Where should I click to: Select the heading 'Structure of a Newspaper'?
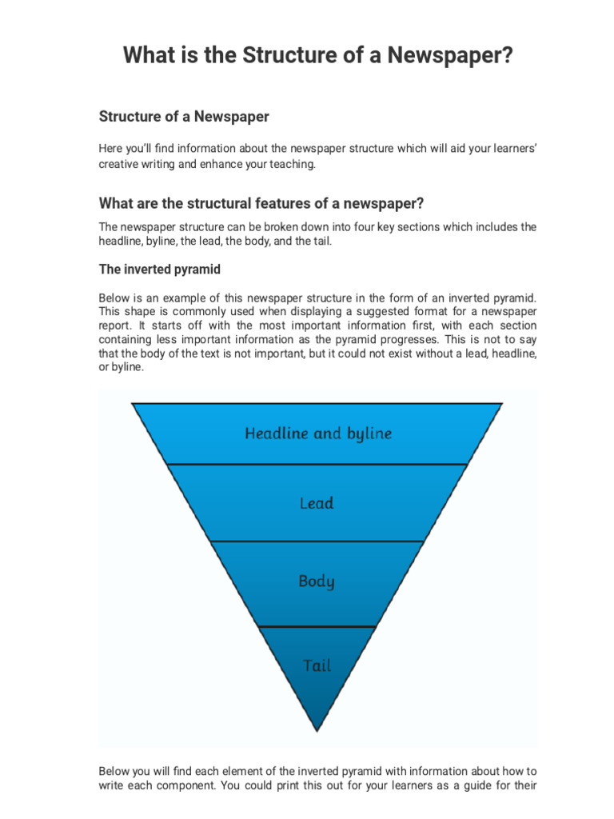[184, 117]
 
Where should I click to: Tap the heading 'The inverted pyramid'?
[160, 269]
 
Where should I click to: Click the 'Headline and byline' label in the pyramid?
[317, 433]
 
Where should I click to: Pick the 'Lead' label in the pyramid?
[317, 503]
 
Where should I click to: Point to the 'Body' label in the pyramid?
[317, 581]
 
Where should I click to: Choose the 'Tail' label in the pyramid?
[317, 665]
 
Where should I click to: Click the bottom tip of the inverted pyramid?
[317, 729]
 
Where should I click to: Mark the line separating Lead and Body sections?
[317, 541]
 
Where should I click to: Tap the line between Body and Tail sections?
[317, 626]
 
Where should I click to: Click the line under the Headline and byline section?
[317, 464]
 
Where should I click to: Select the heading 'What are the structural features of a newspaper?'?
[261, 202]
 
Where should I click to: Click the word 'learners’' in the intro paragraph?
[509, 149]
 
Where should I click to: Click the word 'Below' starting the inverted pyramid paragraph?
[114, 298]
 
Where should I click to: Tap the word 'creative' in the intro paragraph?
[118, 164]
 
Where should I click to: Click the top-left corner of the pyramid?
[134, 404]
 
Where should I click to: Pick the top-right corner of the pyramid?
[501, 404]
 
